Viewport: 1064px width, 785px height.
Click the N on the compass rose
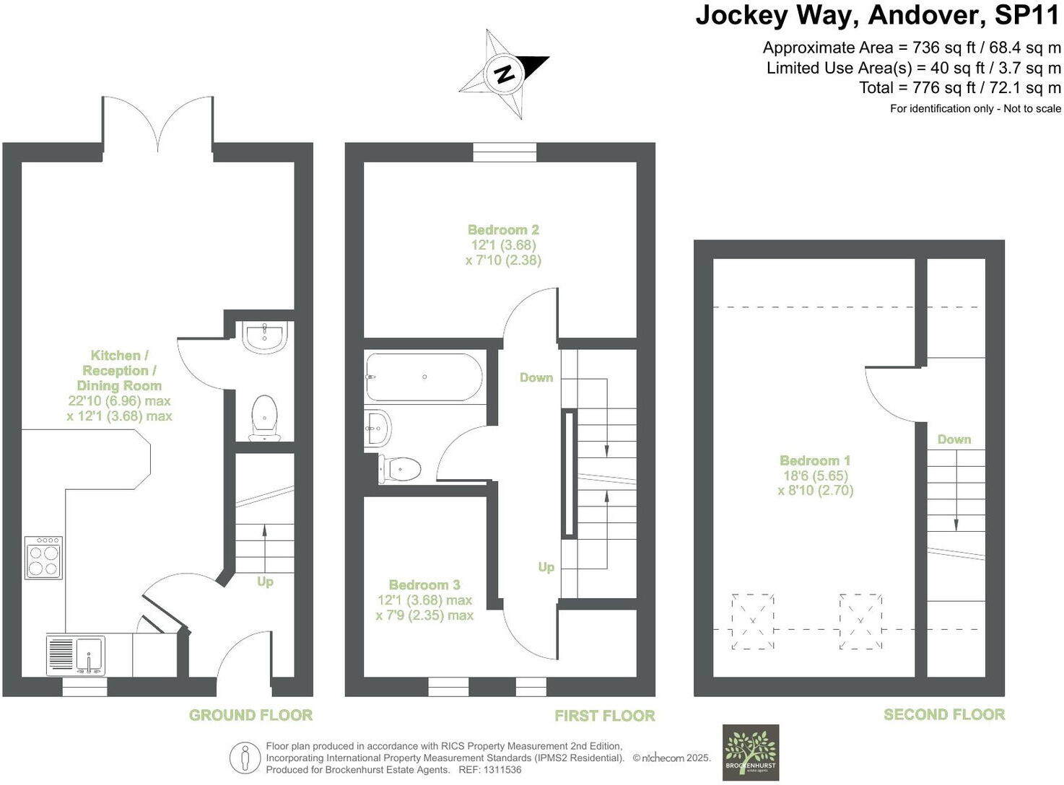[x=504, y=74]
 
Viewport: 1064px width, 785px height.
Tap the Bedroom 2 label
[x=503, y=229]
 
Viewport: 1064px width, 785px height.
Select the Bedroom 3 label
[x=424, y=584]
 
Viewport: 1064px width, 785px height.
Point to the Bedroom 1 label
[x=815, y=460]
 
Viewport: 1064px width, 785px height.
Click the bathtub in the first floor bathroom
[x=424, y=377]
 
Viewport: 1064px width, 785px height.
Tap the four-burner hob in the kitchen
[x=43, y=557]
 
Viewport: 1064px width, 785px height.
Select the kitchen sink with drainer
[x=76, y=655]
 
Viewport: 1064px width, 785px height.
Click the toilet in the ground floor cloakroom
[x=264, y=418]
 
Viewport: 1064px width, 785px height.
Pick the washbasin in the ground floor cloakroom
[x=266, y=337]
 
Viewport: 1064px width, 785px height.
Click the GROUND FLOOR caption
[x=250, y=715]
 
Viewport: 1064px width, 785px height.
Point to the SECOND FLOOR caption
[x=944, y=714]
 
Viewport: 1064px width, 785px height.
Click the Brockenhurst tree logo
[x=751, y=753]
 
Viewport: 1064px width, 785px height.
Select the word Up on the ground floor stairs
[x=265, y=582]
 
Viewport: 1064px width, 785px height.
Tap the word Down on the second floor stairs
[x=954, y=439]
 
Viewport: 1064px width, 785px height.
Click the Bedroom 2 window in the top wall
[x=505, y=152]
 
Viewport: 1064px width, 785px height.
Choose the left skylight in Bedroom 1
[x=752, y=621]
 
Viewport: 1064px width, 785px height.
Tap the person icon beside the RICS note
[x=245, y=758]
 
